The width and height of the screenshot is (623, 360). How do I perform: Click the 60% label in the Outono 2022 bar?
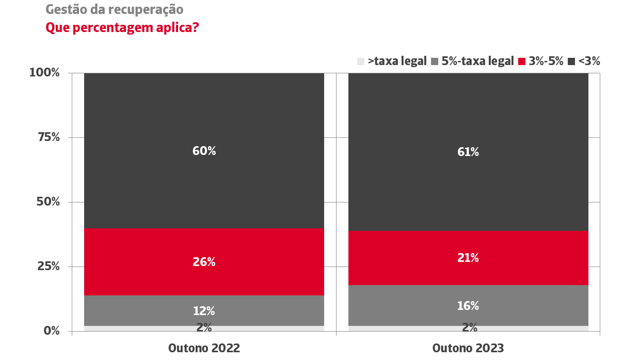[204, 151]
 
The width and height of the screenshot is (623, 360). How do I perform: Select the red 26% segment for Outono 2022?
[204, 262]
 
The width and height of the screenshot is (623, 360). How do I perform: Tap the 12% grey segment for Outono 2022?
[204, 310]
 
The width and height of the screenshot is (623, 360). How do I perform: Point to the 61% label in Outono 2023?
[468, 152]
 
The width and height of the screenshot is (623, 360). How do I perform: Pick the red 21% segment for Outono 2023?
[468, 258]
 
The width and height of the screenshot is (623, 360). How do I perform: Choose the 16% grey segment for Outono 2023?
[468, 305]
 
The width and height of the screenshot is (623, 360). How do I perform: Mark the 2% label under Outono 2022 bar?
[204, 327]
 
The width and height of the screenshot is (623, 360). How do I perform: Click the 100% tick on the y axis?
[44, 73]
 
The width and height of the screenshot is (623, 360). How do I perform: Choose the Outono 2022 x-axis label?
[204, 348]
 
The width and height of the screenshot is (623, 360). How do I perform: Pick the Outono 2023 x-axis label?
[468, 348]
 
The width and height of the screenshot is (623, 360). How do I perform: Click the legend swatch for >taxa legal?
[361, 61]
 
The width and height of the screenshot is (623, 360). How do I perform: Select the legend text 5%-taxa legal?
[477, 61]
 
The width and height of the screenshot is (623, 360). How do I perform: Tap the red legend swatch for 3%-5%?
[522, 61]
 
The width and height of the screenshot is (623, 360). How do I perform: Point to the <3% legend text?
[589, 61]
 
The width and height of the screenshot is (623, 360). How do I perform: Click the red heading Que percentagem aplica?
[122, 27]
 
